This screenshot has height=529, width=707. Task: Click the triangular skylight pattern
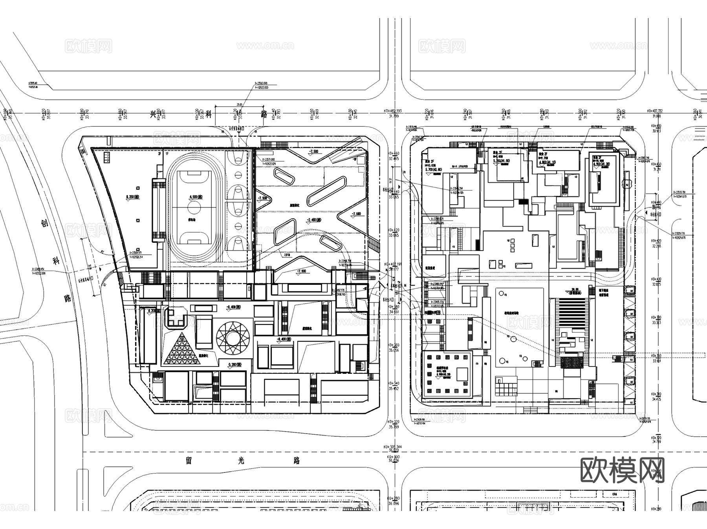click(181, 348)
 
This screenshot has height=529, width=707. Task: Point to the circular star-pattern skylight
click(233, 337)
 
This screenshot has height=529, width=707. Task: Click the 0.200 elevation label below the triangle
click(234, 365)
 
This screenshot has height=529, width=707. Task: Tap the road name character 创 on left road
click(45, 224)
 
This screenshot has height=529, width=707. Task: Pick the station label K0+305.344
click(394, 447)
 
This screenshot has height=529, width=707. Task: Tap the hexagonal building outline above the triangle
click(176, 317)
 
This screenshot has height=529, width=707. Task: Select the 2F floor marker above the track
click(160, 154)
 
